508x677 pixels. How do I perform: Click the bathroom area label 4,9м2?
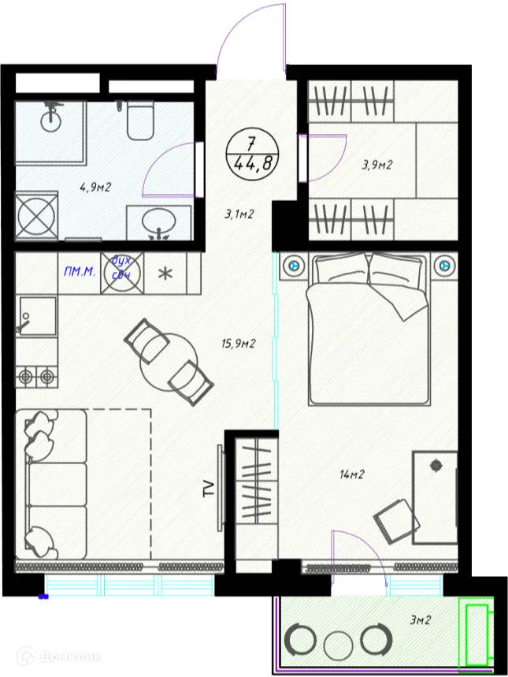point(95,188)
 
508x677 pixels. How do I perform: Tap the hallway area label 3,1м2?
point(239,212)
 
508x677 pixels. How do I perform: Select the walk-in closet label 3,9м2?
point(376,165)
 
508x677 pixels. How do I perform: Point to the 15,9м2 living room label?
point(238,343)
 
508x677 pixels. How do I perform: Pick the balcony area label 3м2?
point(420,620)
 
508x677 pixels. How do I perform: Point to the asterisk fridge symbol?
point(165,273)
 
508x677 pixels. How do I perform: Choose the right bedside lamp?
point(443,266)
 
